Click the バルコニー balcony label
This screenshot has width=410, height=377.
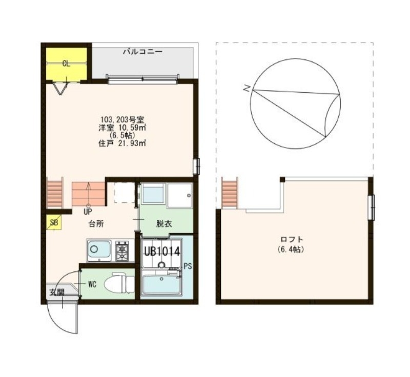(x=142, y=52)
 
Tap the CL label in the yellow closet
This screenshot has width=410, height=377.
(x=66, y=64)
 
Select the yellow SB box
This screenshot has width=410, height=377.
(x=54, y=223)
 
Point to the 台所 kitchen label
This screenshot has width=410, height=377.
(x=96, y=223)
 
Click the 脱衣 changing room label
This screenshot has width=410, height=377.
(x=164, y=223)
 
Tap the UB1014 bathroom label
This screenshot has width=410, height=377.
(x=161, y=252)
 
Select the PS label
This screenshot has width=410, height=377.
(x=188, y=266)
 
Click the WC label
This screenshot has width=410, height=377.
(x=92, y=283)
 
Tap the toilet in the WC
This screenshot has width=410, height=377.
(x=117, y=283)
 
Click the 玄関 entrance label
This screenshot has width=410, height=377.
(x=57, y=292)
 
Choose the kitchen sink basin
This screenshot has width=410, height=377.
(x=99, y=251)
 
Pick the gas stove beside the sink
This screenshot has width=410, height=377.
(x=123, y=250)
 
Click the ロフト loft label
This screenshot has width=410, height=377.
(x=292, y=239)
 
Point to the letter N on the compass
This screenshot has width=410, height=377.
(x=247, y=89)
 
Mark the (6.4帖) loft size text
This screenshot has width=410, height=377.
(x=292, y=249)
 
